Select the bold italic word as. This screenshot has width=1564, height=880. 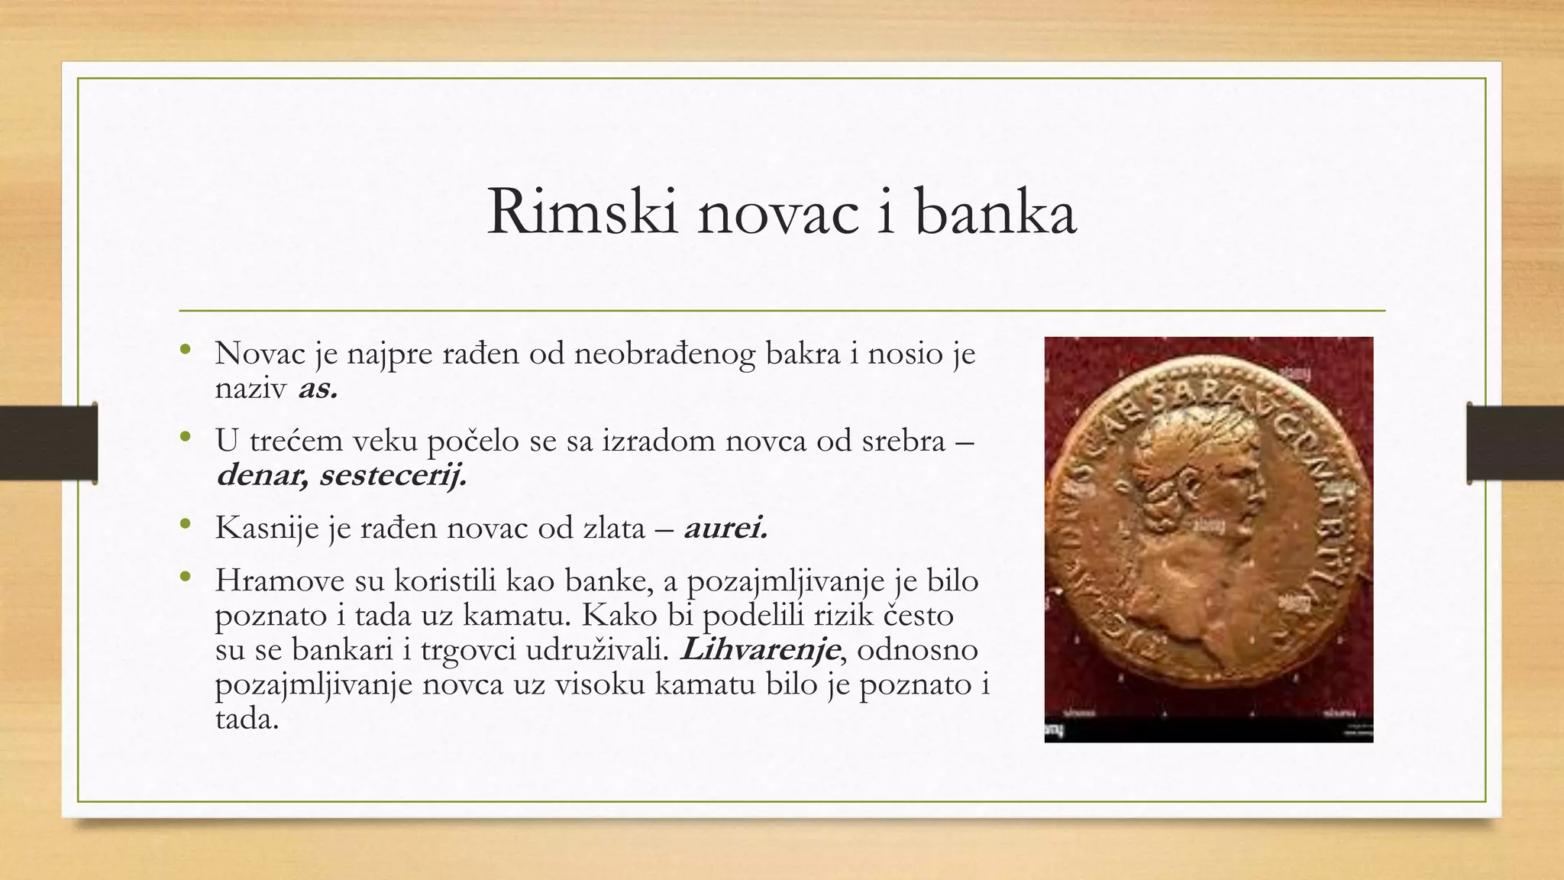tap(318, 389)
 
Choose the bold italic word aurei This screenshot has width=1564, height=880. tap(725, 527)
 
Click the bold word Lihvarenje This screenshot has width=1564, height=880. tap(761, 649)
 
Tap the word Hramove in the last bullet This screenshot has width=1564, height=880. tap(280, 581)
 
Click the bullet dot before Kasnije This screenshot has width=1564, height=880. tap(184, 524)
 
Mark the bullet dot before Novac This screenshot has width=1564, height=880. tap(184, 350)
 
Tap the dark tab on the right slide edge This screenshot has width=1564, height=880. tap(1515, 443)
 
